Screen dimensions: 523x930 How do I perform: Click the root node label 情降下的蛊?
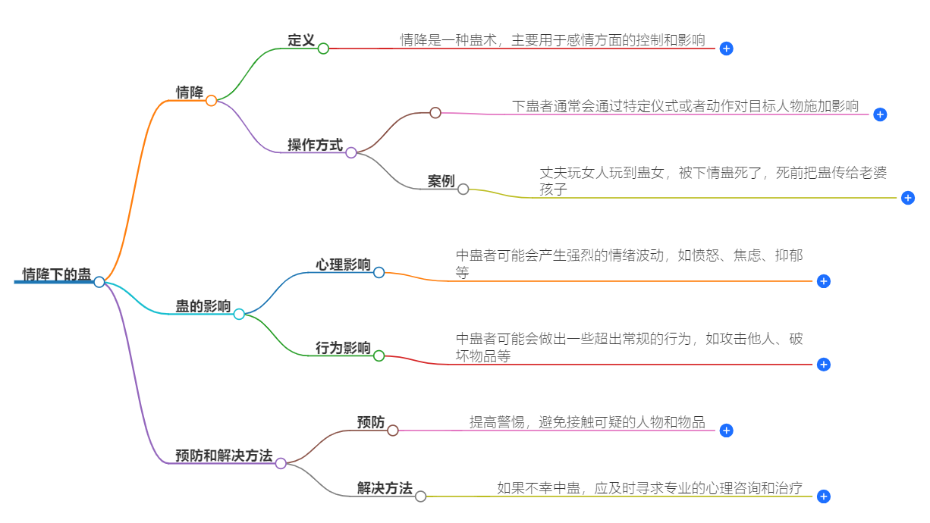(57, 274)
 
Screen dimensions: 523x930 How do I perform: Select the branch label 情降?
(190, 92)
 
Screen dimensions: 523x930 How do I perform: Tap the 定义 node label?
(301, 40)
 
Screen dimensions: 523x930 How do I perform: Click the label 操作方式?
(315, 145)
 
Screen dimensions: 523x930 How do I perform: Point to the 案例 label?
(441, 181)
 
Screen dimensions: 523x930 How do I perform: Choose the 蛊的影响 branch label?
(203, 306)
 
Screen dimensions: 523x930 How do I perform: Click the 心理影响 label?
(343, 265)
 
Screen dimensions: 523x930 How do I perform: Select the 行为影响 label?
(343, 348)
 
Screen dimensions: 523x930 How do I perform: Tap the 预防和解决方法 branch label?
(224, 456)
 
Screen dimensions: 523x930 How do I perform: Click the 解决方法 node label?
(385, 489)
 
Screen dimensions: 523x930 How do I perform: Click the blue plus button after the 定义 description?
(726, 49)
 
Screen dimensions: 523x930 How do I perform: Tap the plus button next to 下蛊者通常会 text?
(880, 114)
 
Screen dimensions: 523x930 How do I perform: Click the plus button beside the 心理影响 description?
(824, 281)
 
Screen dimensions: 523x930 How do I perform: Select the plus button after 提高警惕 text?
(726, 431)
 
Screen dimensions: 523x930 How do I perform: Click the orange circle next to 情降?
(212, 101)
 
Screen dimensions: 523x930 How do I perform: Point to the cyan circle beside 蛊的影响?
(239, 314)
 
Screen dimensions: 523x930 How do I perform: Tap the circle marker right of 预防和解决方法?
(281, 463)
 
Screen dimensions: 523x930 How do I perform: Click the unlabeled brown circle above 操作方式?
(435, 113)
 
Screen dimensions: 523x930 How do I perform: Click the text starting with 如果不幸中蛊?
(650, 488)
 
